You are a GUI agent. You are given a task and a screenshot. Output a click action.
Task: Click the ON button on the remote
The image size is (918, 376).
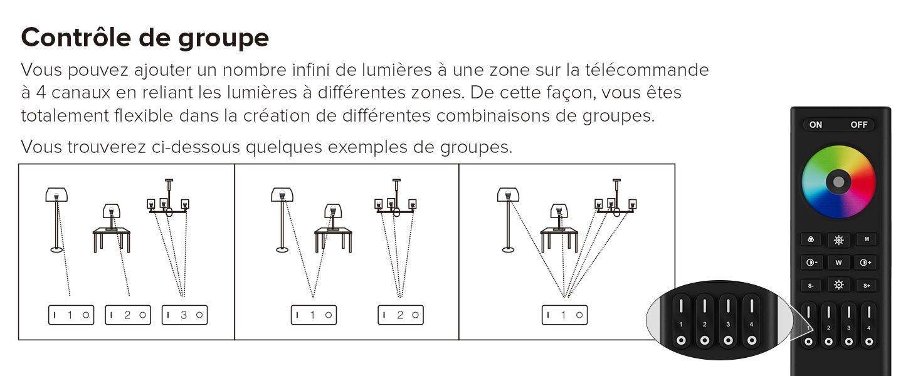tap(815, 125)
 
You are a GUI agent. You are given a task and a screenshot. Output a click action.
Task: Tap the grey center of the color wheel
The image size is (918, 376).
tap(838, 182)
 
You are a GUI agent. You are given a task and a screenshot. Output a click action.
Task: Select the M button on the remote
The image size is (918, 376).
tap(867, 239)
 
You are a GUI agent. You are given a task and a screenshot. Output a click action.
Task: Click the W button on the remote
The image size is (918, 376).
tap(838, 263)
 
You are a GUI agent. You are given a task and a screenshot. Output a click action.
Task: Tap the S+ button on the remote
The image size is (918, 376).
tap(867, 286)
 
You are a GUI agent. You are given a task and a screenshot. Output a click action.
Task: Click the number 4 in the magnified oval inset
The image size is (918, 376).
tap(751, 324)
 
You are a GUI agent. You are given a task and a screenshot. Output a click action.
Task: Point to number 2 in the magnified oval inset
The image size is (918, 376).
tap(705, 324)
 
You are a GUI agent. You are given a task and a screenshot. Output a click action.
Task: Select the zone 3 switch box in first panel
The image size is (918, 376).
tap(184, 315)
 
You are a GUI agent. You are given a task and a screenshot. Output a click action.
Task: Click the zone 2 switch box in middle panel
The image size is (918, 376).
tap(401, 315)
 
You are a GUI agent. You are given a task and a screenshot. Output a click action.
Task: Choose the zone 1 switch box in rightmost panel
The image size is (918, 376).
tap(564, 315)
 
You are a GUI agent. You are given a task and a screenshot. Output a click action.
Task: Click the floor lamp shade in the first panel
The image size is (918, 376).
tap(56, 194)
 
